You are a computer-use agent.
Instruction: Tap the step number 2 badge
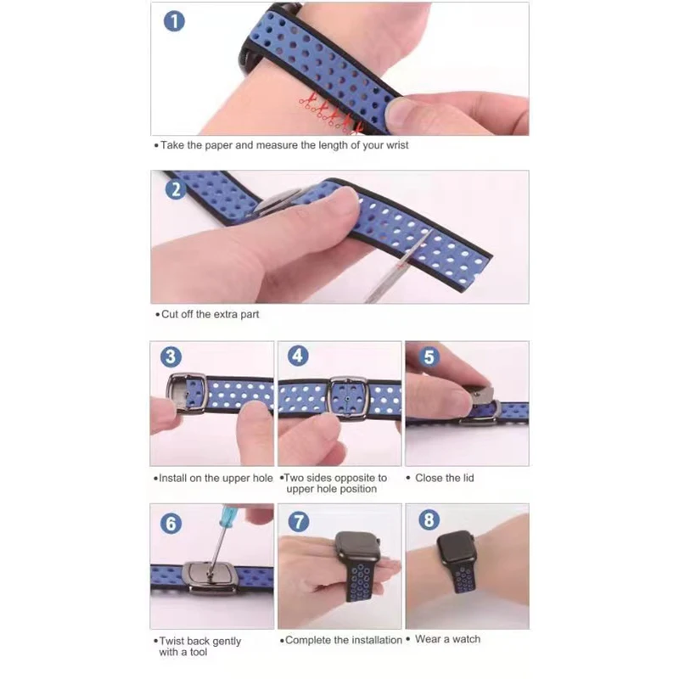tap(176, 189)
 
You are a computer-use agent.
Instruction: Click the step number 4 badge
tap(298, 356)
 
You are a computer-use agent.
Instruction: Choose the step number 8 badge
tap(429, 519)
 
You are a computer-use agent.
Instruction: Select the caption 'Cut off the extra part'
tap(210, 314)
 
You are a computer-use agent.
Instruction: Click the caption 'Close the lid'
tap(444, 478)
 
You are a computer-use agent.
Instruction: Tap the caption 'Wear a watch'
tap(447, 639)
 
